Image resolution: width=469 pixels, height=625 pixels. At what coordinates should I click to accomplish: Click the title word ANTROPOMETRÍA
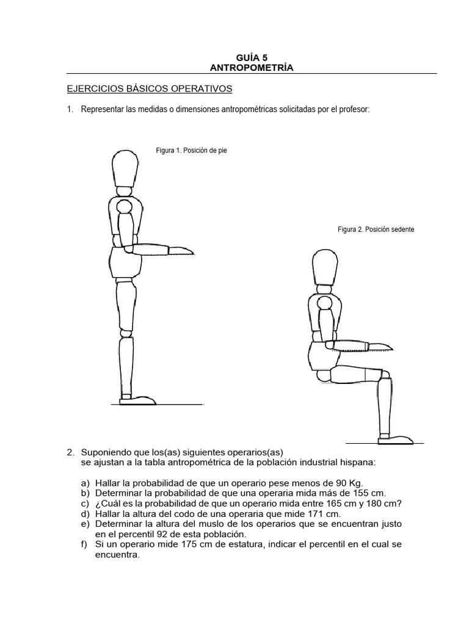coord(252,68)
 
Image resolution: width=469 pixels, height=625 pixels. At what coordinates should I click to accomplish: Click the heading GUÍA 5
coord(252,57)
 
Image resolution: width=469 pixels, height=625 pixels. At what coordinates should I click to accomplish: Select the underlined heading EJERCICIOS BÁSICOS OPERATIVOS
coord(150,89)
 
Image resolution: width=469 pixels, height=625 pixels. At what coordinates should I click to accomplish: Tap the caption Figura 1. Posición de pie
coord(192,150)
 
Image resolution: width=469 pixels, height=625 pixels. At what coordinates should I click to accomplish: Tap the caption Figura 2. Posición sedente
coord(376,229)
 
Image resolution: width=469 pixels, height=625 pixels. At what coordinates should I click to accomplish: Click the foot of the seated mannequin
coord(398,438)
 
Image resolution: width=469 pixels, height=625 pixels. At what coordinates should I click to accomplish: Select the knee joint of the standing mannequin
coord(125,333)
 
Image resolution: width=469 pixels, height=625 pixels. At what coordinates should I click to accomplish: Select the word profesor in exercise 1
coord(351,109)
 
